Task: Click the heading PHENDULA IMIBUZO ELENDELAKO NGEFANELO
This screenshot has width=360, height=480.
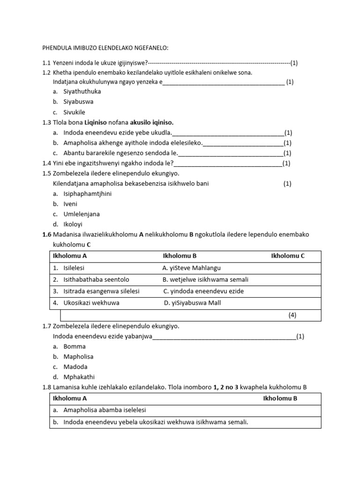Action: pyautogui.click(x=105, y=48)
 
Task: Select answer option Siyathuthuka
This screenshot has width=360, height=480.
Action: pyautogui.click(x=82, y=91)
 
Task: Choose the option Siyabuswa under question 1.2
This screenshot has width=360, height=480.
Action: pyautogui.click(x=78, y=102)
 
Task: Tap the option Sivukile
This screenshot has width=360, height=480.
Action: pyautogui.click(x=75, y=112)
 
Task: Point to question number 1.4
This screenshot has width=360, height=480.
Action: pyautogui.click(x=46, y=163)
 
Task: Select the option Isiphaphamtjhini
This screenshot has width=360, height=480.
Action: pyautogui.click(x=88, y=194)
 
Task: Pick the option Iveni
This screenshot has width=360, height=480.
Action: pyautogui.click(x=70, y=204)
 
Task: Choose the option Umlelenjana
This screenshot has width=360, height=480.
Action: pyautogui.click(x=82, y=214)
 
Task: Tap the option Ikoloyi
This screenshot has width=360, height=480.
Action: pyautogui.click(x=73, y=225)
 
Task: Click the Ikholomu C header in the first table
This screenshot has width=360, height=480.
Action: pyautogui.click(x=288, y=256)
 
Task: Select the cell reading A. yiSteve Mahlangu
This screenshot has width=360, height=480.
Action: pyautogui.click(x=191, y=268)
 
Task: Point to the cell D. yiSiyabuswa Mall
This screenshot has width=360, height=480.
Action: pyautogui.click(x=192, y=303)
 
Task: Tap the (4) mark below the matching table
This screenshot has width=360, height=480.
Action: pyautogui.click(x=292, y=315)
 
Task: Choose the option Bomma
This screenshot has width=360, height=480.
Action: pyautogui.click(x=75, y=346)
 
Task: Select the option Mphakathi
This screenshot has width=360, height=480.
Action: pyautogui.click(x=78, y=377)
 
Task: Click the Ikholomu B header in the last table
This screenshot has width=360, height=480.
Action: pyautogui.click(x=280, y=398)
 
